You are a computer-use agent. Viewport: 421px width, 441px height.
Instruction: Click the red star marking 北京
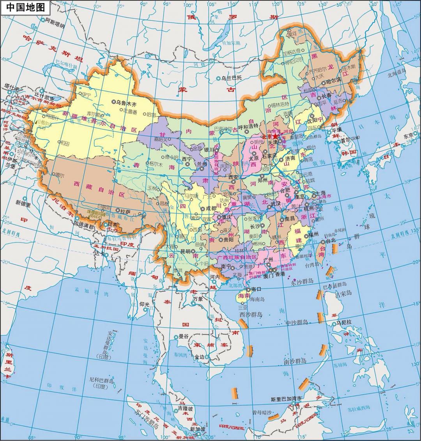click(x=276, y=136)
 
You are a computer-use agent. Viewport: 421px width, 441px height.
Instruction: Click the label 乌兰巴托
click(x=232, y=78)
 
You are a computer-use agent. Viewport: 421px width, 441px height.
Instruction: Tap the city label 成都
click(x=211, y=208)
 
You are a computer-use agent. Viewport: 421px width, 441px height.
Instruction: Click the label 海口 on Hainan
click(x=256, y=289)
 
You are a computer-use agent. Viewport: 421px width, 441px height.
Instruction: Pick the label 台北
click(x=331, y=241)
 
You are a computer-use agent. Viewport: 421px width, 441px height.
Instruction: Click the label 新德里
click(x=23, y=202)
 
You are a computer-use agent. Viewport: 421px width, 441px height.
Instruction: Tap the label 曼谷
click(x=183, y=336)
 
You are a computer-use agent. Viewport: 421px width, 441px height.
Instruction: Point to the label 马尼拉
click(x=344, y=322)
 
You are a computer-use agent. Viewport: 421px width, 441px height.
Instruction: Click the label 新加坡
click(x=198, y=429)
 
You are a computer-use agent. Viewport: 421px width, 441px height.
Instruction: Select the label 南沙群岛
click(x=295, y=361)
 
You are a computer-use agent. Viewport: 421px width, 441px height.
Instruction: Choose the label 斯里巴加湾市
click(x=286, y=399)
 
